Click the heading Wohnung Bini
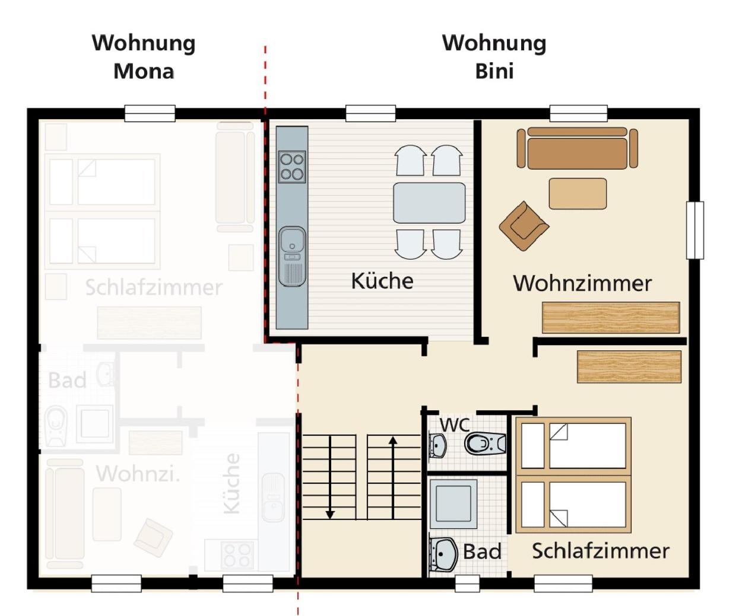(x=494, y=57)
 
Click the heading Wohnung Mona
(x=144, y=57)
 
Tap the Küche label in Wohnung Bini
(x=382, y=280)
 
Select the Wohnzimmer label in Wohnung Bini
(x=582, y=283)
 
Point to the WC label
(x=455, y=425)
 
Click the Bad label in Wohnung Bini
(x=482, y=551)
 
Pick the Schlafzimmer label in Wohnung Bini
(x=601, y=551)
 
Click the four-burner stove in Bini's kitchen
(x=292, y=167)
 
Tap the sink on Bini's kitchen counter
(x=292, y=256)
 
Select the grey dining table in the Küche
(x=429, y=203)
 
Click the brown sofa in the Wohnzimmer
(x=577, y=148)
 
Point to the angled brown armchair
(x=524, y=226)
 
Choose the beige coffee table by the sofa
(x=578, y=193)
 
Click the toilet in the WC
(x=485, y=443)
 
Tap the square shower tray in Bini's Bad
(x=453, y=503)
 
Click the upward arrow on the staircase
(x=393, y=478)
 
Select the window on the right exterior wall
(x=695, y=231)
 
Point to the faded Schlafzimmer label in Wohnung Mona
(x=154, y=288)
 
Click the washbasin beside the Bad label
(x=443, y=554)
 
